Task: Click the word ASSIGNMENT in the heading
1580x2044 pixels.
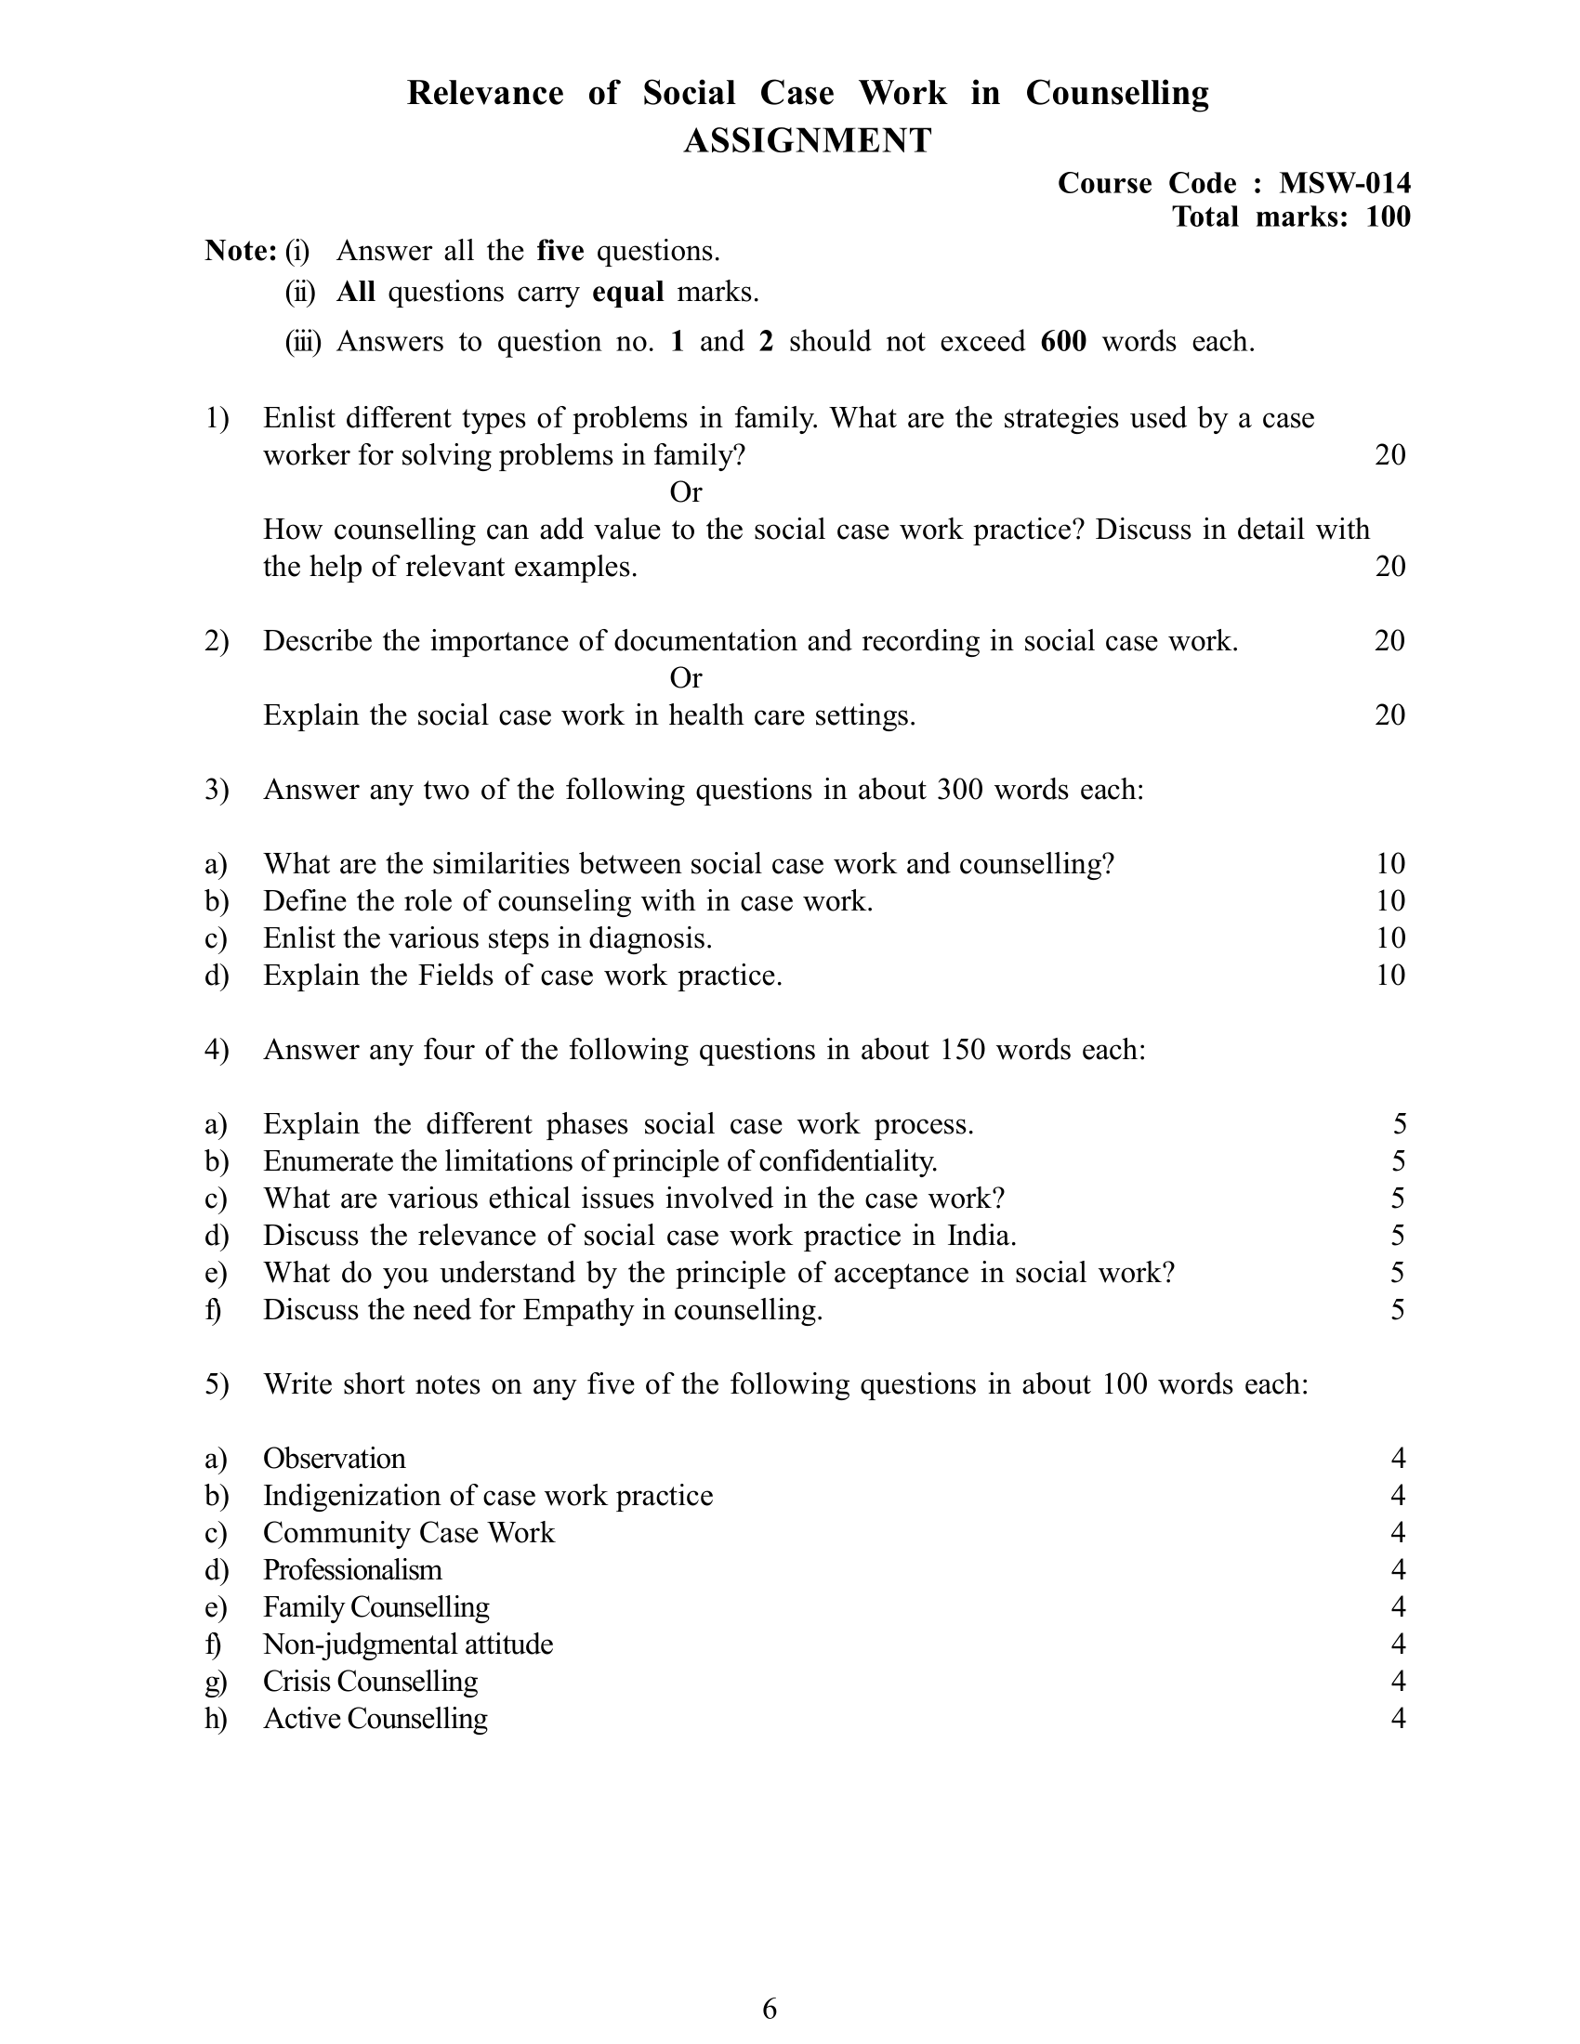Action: click(807, 141)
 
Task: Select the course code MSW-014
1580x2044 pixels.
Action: click(1344, 183)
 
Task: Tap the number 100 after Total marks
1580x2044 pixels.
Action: click(1388, 217)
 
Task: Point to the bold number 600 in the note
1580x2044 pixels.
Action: click(1063, 342)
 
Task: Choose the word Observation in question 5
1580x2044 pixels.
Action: click(335, 1458)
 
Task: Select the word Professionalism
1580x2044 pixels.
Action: click(352, 1569)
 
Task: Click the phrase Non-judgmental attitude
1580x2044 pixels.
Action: click(408, 1644)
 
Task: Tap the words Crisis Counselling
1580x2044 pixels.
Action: click(371, 1681)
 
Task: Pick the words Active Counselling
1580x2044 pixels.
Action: click(375, 1718)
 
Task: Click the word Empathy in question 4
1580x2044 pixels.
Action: click(578, 1310)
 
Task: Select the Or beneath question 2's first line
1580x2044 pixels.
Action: click(686, 677)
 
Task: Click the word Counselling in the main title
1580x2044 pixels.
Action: click(1116, 94)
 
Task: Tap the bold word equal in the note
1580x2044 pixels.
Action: click(628, 292)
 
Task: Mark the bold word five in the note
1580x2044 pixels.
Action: click(560, 251)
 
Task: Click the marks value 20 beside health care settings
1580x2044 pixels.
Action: click(1390, 715)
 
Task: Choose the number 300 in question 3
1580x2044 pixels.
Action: click(958, 790)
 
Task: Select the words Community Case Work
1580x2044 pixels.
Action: click(409, 1532)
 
